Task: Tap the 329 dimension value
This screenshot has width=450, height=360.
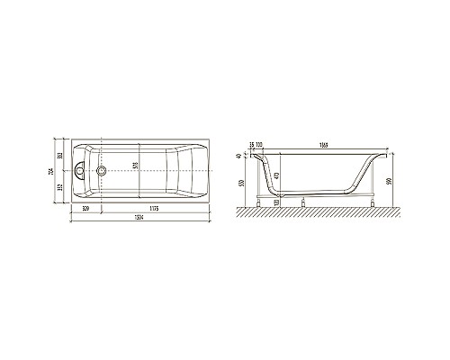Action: click(x=85, y=208)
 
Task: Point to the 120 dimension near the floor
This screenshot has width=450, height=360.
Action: click(x=275, y=203)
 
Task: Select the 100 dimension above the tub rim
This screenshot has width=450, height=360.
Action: click(x=259, y=144)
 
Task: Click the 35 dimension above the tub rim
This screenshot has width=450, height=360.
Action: click(x=250, y=144)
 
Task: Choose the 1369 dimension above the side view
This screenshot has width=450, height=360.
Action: click(x=321, y=144)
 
